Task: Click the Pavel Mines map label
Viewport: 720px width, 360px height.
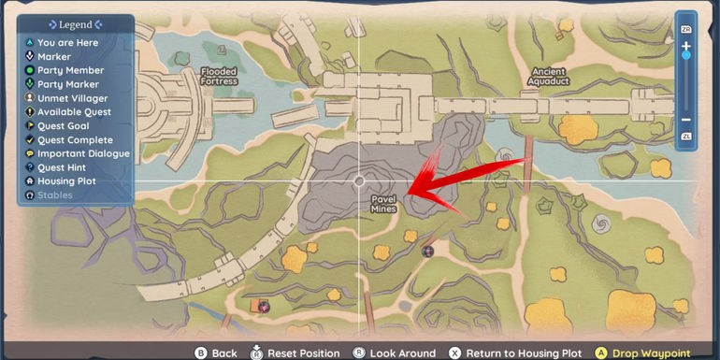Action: point(383,203)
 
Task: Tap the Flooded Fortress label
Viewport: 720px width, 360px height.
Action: point(218,77)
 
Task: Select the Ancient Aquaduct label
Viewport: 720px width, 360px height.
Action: point(549,77)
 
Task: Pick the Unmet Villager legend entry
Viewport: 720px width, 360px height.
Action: point(72,98)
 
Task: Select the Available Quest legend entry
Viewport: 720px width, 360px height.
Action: point(74,112)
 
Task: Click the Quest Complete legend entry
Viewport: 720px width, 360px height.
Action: point(75,140)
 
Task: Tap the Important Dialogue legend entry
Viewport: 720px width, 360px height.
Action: point(83,153)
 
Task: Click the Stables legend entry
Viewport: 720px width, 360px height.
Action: point(57,195)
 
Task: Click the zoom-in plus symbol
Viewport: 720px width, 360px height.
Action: point(685,44)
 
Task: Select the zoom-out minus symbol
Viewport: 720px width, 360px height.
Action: point(685,120)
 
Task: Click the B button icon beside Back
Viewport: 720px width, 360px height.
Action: point(199,353)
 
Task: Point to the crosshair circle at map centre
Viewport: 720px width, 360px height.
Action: point(360,180)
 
